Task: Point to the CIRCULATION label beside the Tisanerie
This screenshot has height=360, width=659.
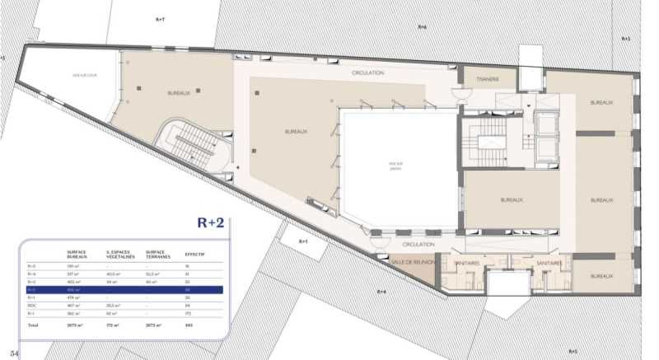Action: pyautogui.click(x=368, y=72)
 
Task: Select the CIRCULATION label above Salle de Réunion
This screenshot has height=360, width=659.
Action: pyautogui.click(x=419, y=245)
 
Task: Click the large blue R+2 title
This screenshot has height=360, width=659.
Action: pyautogui.click(x=213, y=222)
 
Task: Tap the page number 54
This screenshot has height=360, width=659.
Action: pyautogui.click(x=15, y=353)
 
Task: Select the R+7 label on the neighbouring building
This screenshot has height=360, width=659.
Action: pyautogui.click(x=160, y=17)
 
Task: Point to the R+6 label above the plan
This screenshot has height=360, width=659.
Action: pyautogui.click(x=422, y=26)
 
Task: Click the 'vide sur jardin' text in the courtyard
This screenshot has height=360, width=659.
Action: pyautogui.click(x=395, y=165)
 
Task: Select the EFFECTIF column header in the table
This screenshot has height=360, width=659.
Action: pyautogui.click(x=195, y=254)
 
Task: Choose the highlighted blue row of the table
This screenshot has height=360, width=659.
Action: pyautogui.click(x=124, y=290)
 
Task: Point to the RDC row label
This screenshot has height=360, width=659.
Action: pyautogui.click(x=33, y=306)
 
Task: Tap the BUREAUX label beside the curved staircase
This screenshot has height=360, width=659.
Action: pyautogui.click(x=179, y=93)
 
